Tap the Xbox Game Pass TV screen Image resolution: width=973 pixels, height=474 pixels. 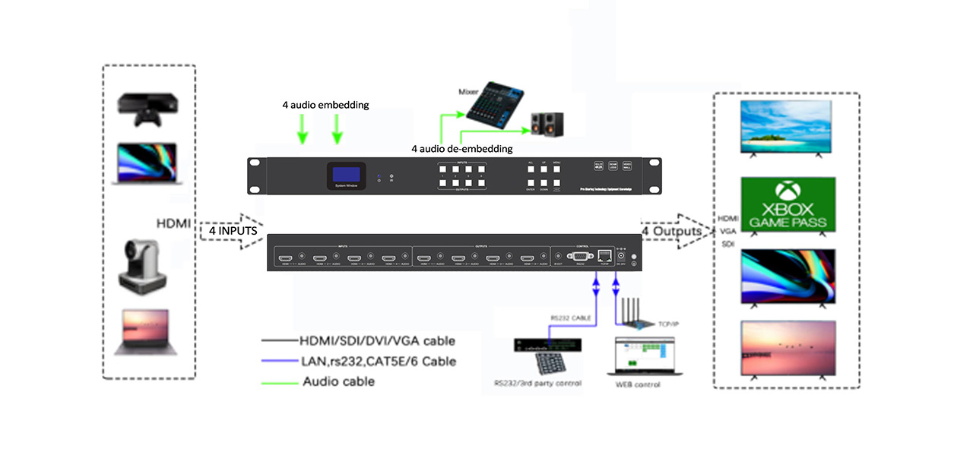[788, 204]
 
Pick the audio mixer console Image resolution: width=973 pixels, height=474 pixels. [495, 106]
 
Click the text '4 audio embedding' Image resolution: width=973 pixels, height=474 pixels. [325, 105]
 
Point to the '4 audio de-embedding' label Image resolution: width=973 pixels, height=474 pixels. [461, 149]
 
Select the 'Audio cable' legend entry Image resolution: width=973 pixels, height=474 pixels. [338, 381]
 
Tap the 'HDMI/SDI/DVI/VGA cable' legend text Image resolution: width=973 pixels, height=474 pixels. [378, 340]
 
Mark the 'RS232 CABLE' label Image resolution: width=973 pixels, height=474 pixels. [570, 318]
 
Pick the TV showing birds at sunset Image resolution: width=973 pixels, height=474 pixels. [788, 346]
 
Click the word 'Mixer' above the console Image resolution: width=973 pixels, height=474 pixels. [468, 91]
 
